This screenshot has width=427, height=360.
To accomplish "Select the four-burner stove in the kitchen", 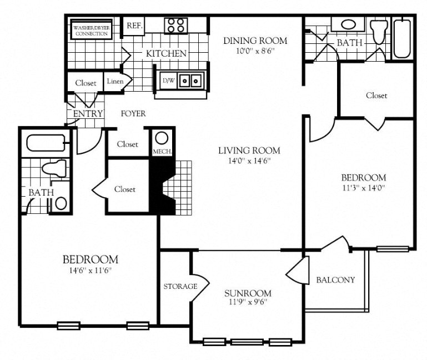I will pos(176,26).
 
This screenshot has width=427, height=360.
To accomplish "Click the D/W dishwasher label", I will pos(167,81).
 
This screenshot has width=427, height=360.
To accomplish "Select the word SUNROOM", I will pos(248,293).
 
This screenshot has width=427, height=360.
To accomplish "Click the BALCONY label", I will pos(335,279).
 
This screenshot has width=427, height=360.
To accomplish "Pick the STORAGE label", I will pos(180,287).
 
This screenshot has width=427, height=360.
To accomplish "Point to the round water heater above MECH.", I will pos(162,138).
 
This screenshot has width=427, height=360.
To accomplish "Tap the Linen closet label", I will pos(115,82).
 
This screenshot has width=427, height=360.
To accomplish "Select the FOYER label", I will pos(133,114).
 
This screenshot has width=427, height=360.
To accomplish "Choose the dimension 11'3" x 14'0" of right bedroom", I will pos(363,188).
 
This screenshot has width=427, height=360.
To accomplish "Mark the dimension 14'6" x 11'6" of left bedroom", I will pos(90,271).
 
